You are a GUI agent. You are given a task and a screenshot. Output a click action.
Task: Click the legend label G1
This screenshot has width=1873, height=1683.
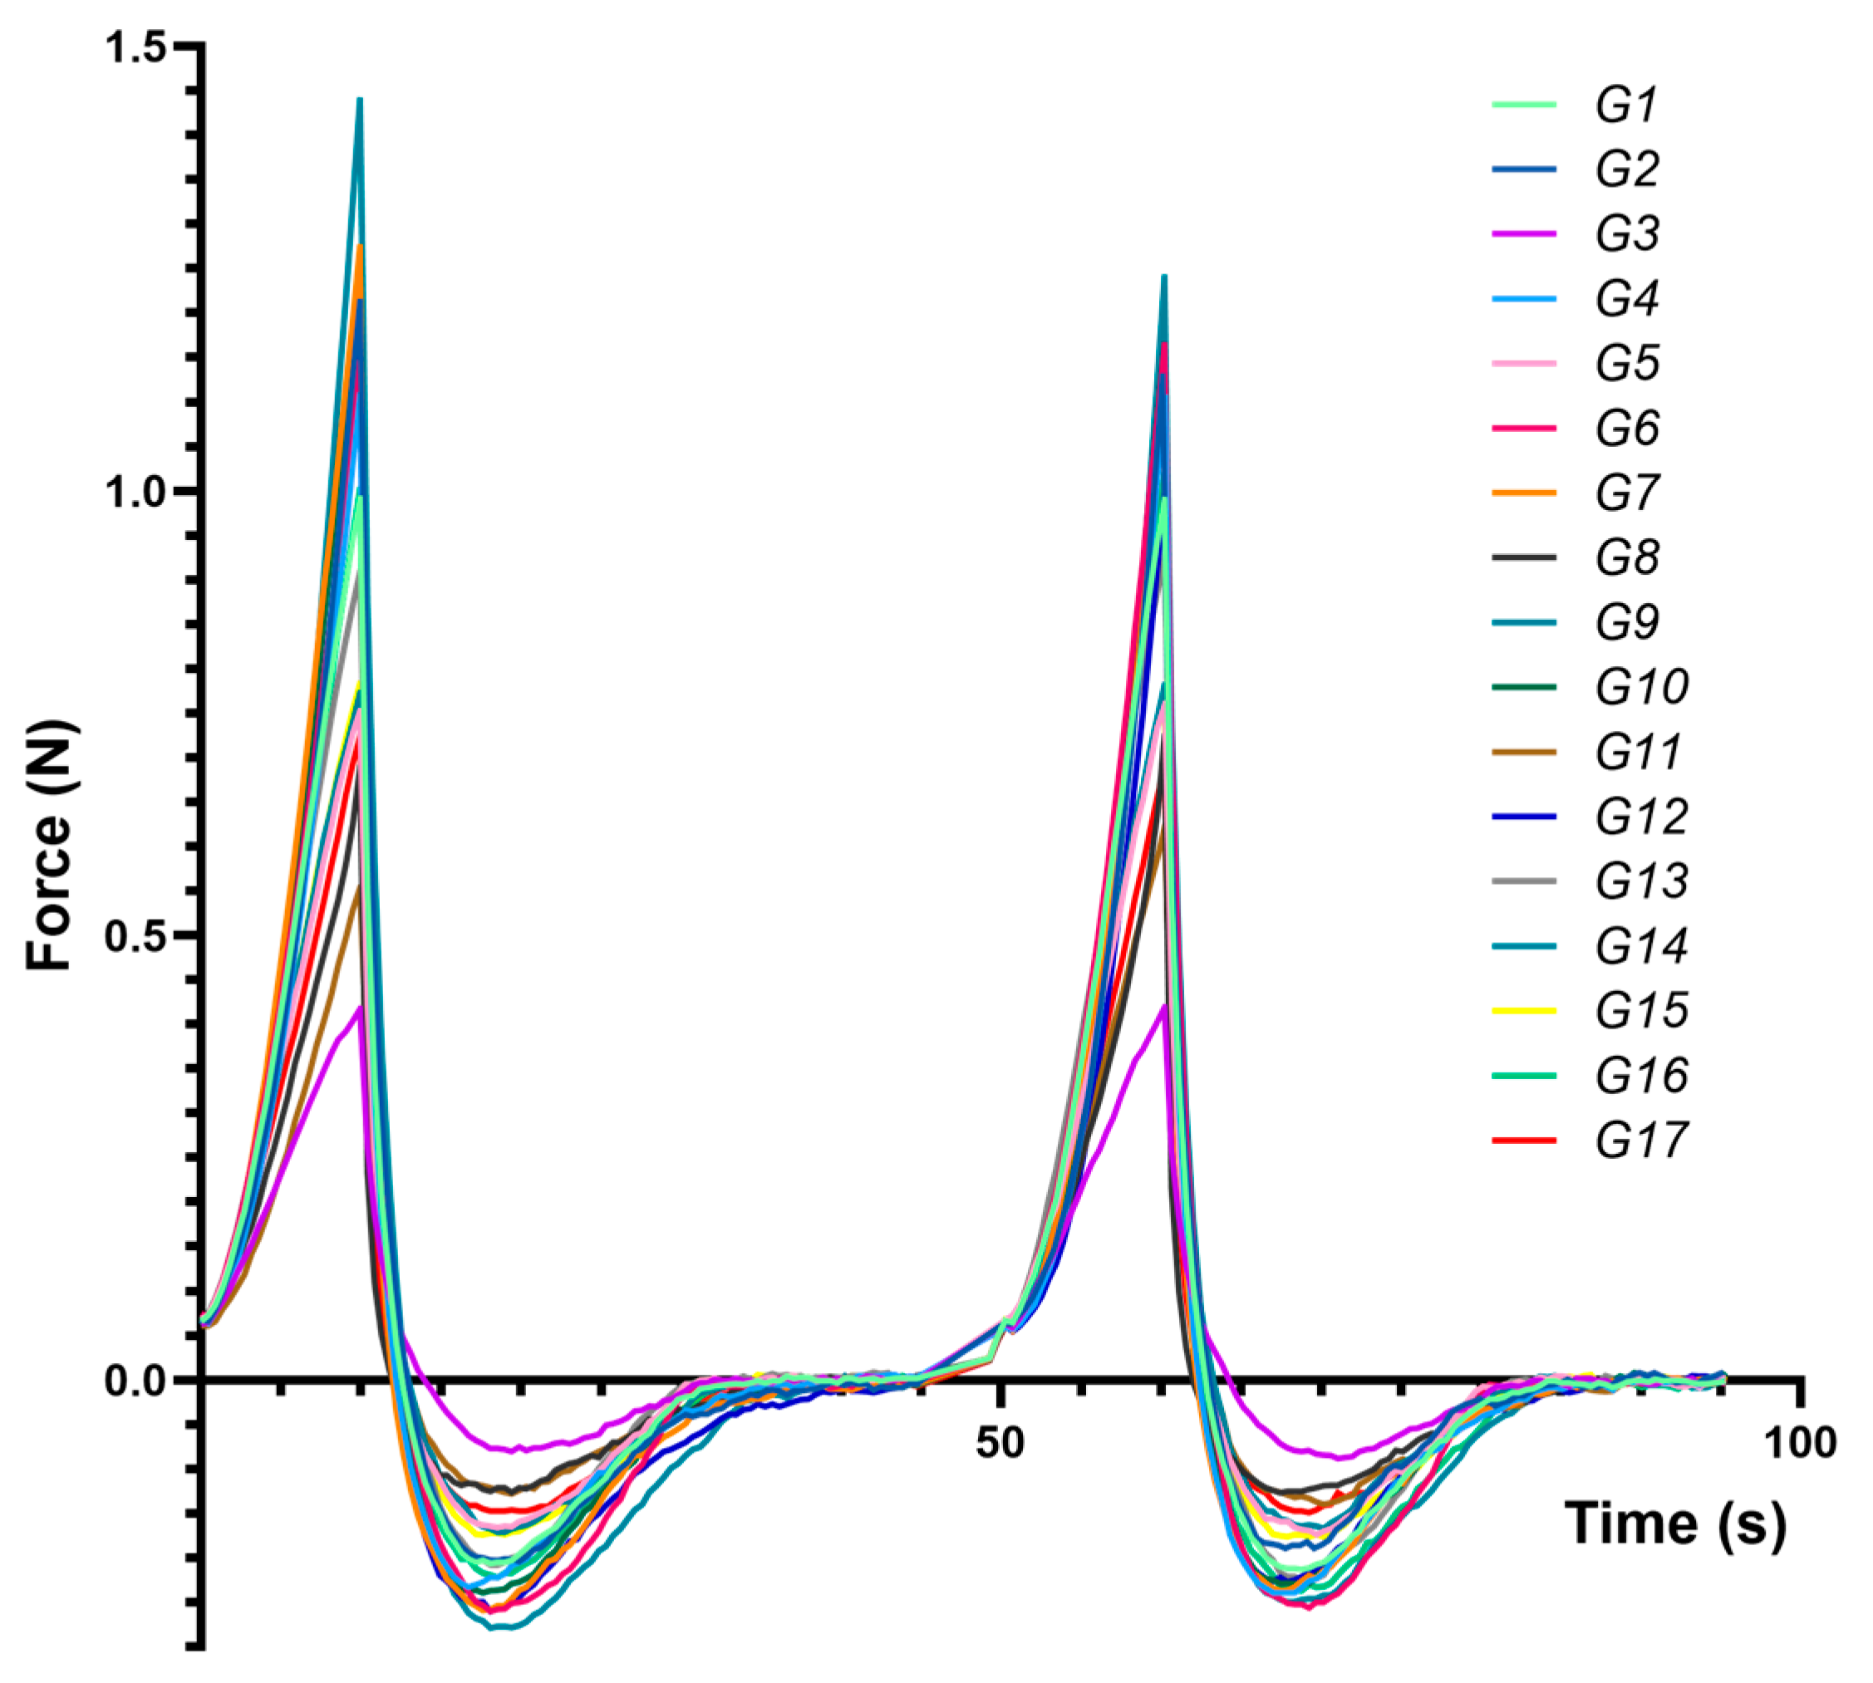tap(1626, 105)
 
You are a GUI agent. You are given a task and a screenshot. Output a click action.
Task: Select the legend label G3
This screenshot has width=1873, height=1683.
tap(1626, 234)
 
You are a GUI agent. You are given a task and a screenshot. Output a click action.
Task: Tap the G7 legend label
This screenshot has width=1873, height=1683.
tap(1626, 493)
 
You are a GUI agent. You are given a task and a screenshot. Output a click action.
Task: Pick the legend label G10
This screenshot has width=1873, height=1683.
tap(1641, 687)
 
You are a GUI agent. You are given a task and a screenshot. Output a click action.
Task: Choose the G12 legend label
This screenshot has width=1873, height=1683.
tap(1641, 817)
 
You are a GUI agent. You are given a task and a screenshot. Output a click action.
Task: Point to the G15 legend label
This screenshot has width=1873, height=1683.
tap(1641, 1011)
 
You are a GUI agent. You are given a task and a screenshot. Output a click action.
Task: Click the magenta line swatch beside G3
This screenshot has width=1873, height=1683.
tap(1523, 234)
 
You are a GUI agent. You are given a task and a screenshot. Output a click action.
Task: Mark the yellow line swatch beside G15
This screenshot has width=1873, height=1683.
tap(1523, 1011)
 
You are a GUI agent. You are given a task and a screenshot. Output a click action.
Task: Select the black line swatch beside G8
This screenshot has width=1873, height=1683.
tap(1523, 557)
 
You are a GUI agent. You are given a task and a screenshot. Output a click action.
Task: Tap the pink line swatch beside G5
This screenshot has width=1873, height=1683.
tap(1523, 363)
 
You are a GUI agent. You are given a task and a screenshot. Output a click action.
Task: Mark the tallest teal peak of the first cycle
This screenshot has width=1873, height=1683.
tap(360, 100)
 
